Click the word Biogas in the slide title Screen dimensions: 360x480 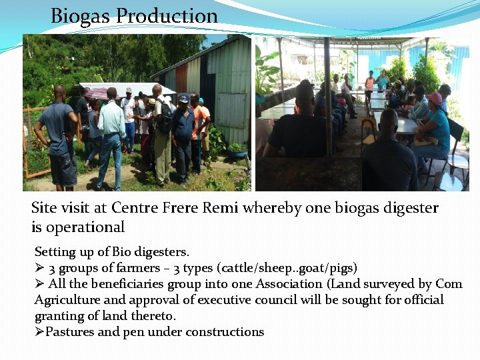click(77, 16)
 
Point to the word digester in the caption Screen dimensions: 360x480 click(409, 208)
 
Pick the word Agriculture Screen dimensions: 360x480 click(66, 300)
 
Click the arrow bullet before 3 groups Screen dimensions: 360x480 click(39, 268)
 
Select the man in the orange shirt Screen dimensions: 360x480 click(198, 130)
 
